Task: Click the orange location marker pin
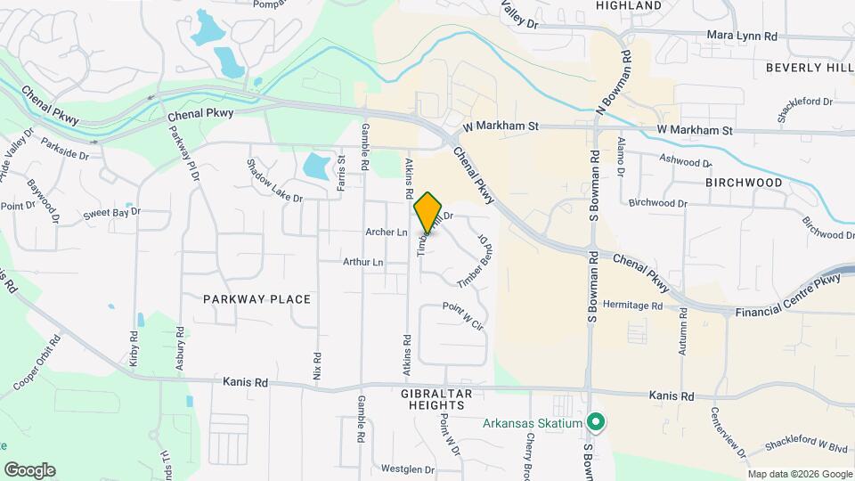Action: point(428,212)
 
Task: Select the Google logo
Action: point(29,469)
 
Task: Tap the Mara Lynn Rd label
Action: point(742,37)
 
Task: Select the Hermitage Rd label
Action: point(632,306)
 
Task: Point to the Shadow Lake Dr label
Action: point(274,180)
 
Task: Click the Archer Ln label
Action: point(386,232)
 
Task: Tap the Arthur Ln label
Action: point(362,263)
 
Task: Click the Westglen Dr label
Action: point(407,469)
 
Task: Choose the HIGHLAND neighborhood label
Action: point(629,5)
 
